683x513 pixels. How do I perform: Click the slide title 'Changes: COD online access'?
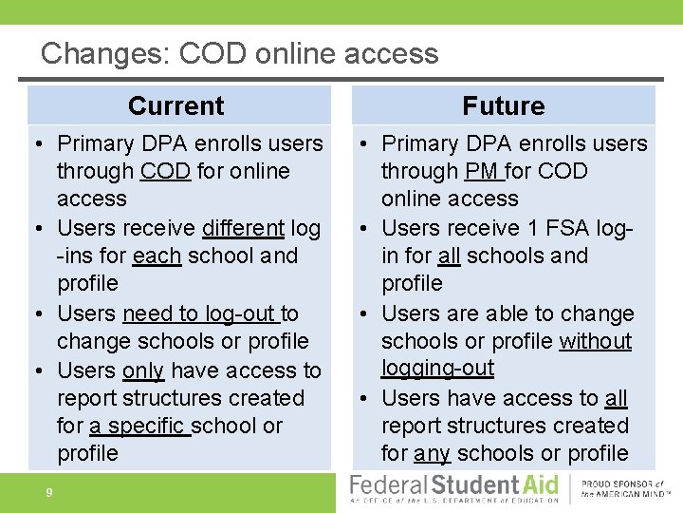click(239, 52)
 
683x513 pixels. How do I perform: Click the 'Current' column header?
click(176, 105)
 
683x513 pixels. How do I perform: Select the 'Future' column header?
click(503, 105)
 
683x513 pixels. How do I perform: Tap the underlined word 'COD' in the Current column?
click(165, 172)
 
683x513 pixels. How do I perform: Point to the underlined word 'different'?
click(243, 228)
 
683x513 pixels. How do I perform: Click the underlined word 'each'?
click(157, 256)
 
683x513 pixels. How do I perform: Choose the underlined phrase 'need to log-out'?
click(199, 313)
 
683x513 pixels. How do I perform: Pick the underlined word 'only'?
click(143, 370)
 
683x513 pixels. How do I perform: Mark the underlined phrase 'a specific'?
click(138, 426)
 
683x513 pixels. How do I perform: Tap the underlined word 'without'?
click(595, 341)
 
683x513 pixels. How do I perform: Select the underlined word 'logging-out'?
click(437, 368)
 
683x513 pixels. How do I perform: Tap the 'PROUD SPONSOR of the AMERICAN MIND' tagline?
click(623, 488)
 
